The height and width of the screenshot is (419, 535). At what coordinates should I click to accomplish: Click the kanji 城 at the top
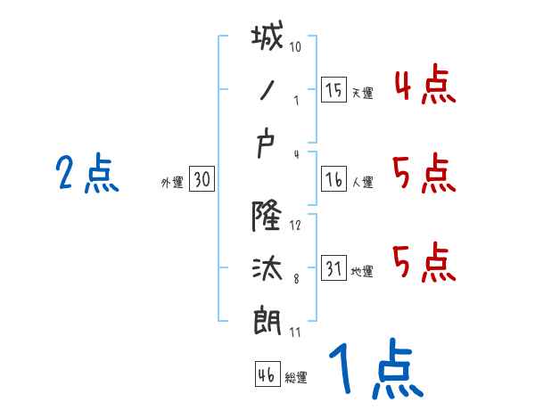(x=268, y=39)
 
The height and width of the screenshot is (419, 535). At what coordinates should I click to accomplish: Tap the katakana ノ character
(x=267, y=91)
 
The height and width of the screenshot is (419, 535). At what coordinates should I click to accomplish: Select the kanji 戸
(x=267, y=148)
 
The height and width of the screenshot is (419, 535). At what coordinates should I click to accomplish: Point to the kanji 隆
(x=267, y=212)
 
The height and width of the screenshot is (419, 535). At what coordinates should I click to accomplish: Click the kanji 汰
(x=267, y=266)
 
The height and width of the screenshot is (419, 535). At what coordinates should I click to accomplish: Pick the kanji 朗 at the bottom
(x=267, y=320)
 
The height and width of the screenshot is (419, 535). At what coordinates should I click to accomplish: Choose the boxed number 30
(x=202, y=180)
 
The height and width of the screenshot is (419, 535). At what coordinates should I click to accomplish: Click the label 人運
(x=362, y=184)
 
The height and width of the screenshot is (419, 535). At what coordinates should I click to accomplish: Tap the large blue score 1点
(x=374, y=368)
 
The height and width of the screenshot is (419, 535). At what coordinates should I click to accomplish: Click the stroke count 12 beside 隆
(x=296, y=225)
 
